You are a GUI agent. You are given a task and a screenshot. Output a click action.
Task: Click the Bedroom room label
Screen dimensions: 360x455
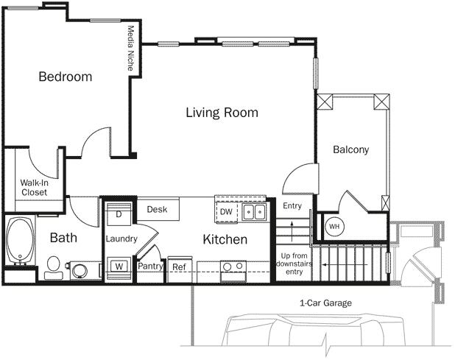tap(66, 77)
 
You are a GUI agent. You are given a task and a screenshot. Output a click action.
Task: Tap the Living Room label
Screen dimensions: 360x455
tap(221, 113)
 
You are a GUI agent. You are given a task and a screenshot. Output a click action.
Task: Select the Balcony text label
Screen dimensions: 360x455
tap(350, 149)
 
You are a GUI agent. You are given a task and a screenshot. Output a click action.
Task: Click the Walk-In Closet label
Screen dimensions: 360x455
tap(34, 187)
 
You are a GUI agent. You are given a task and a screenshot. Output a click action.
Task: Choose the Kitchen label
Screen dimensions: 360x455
tap(225, 239)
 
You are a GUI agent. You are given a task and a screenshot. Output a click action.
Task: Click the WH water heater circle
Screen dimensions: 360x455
tap(334, 226)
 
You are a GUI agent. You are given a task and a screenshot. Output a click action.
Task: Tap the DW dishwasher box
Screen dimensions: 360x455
tap(226, 212)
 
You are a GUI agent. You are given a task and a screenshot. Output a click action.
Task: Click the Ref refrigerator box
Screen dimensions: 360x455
tap(179, 267)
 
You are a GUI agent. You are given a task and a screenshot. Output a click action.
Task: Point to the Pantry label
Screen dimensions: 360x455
tap(150, 267)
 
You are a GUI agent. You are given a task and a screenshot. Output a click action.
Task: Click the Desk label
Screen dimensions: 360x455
tap(157, 210)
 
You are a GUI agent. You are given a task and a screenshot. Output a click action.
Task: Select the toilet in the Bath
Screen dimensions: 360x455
tap(52, 267)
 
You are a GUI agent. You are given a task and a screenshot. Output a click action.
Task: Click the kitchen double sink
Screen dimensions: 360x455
tap(254, 213)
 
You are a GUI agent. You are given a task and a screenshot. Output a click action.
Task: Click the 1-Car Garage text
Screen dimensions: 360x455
tap(325, 303)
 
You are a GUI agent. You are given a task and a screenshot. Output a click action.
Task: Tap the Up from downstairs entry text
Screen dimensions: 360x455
tap(294, 264)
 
